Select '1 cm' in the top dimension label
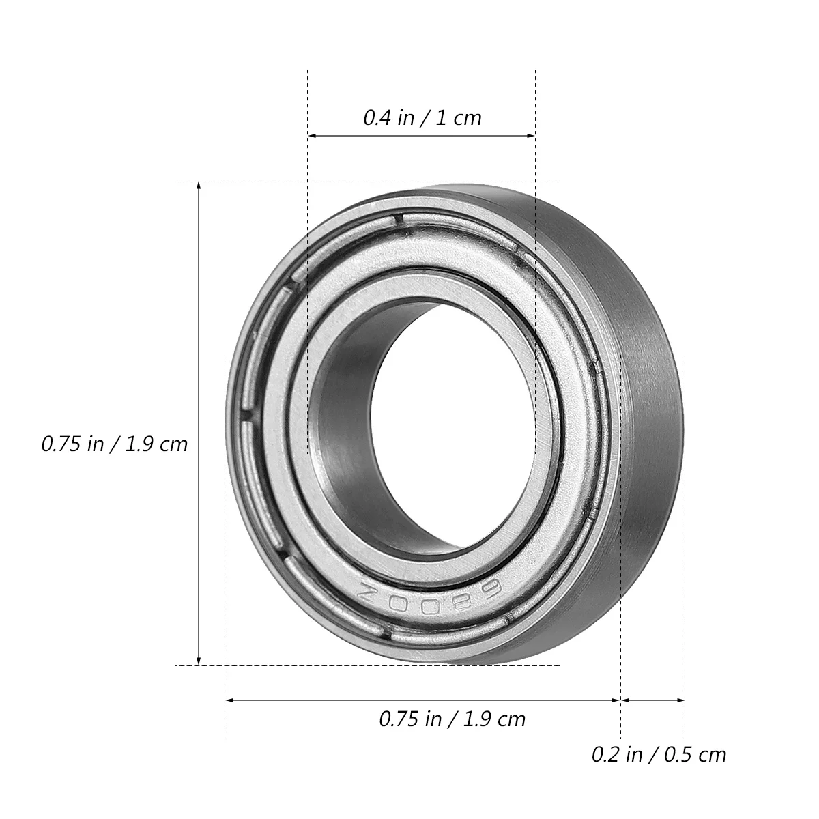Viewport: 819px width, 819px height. tap(458, 118)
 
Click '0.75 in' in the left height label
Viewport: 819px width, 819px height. tap(73, 444)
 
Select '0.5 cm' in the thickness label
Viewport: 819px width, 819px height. tap(695, 754)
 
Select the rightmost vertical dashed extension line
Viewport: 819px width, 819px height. tap(685, 546)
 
